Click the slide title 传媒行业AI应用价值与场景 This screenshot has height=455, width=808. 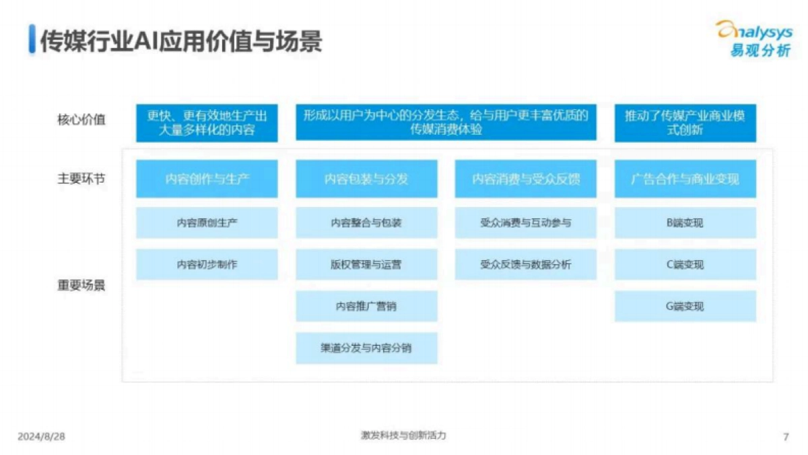coord(180,40)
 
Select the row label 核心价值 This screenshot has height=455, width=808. coord(81,121)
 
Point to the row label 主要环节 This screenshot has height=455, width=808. coord(81,179)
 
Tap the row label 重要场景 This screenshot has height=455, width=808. coord(81,284)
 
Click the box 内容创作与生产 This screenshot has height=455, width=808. coord(207,179)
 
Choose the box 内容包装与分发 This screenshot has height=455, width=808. coord(366,179)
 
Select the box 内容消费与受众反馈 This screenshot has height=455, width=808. coord(525,179)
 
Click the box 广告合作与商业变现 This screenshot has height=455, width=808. coord(685,179)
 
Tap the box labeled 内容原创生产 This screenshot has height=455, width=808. coord(207,222)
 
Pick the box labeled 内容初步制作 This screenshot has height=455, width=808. coord(207,264)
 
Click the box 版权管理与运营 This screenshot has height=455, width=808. coord(366,264)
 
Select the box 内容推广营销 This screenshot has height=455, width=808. coord(366,306)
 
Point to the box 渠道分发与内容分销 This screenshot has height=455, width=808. coord(366,348)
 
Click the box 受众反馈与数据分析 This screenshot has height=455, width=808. coord(525,264)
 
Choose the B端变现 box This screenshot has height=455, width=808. coord(685,222)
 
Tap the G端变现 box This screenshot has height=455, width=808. coord(685,306)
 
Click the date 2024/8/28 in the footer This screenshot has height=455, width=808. coord(41,437)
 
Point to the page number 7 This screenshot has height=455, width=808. coord(786,437)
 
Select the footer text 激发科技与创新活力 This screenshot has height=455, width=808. coord(403,435)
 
